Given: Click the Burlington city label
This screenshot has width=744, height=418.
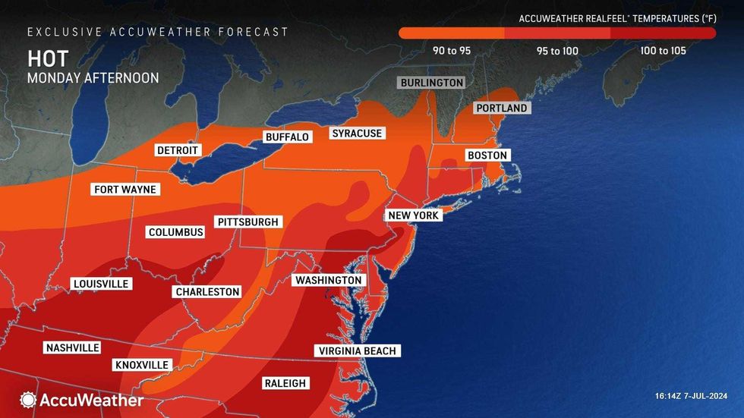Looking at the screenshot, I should pyautogui.click(x=431, y=82).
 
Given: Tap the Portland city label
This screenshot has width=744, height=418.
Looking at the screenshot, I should pyautogui.click(x=501, y=108).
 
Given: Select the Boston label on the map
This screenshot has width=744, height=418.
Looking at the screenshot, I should pyautogui.click(x=487, y=155).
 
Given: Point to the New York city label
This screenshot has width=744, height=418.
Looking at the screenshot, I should pyautogui.click(x=413, y=215).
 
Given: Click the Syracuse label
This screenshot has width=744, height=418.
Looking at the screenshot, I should pyautogui.click(x=357, y=134).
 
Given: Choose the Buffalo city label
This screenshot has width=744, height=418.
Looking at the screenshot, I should pyautogui.click(x=287, y=137).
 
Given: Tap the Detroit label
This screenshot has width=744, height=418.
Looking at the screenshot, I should pyautogui.click(x=177, y=150).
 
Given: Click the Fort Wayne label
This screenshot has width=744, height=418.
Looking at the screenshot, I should pyautogui.click(x=125, y=189).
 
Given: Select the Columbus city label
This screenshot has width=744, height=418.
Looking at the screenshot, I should pyautogui.click(x=175, y=232).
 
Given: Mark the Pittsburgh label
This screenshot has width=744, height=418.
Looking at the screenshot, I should pyautogui.click(x=248, y=222).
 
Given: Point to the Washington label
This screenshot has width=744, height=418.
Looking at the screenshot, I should pyautogui.click(x=328, y=280).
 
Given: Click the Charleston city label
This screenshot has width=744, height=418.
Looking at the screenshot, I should pyautogui.click(x=207, y=291).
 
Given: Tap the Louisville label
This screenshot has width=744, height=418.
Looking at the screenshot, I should pyautogui.click(x=100, y=284).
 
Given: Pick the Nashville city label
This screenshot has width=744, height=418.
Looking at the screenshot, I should pyautogui.click(x=72, y=347).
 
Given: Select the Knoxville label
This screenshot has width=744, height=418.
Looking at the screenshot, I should pyautogui.click(x=141, y=365).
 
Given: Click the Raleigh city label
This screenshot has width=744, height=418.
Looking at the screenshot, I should pyautogui.click(x=285, y=383).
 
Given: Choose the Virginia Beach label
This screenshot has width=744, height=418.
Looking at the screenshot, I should pyautogui.click(x=357, y=350).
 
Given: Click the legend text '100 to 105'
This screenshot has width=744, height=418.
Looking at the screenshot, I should pyautogui.click(x=663, y=51).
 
